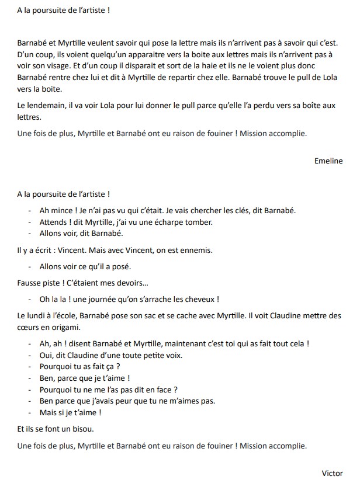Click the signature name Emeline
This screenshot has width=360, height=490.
click(328, 162)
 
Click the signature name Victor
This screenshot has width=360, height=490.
click(333, 473)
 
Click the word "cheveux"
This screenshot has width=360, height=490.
click(196, 300)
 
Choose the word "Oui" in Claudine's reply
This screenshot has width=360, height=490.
click(46, 355)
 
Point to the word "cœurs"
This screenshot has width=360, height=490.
click(29, 327)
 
